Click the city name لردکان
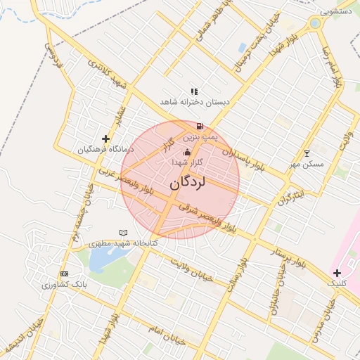pos(187,183)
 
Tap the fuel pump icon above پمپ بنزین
pos(201,127)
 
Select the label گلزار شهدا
pos(188,162)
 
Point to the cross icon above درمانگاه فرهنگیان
pos(105,139)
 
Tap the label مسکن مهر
pos(306,164)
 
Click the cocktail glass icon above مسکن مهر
pos(306,153)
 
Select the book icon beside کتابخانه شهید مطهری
pos(124,232)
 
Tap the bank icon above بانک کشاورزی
pos(64,274)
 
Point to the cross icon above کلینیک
pos(337,272)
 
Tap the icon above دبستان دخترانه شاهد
pos(194,91)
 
